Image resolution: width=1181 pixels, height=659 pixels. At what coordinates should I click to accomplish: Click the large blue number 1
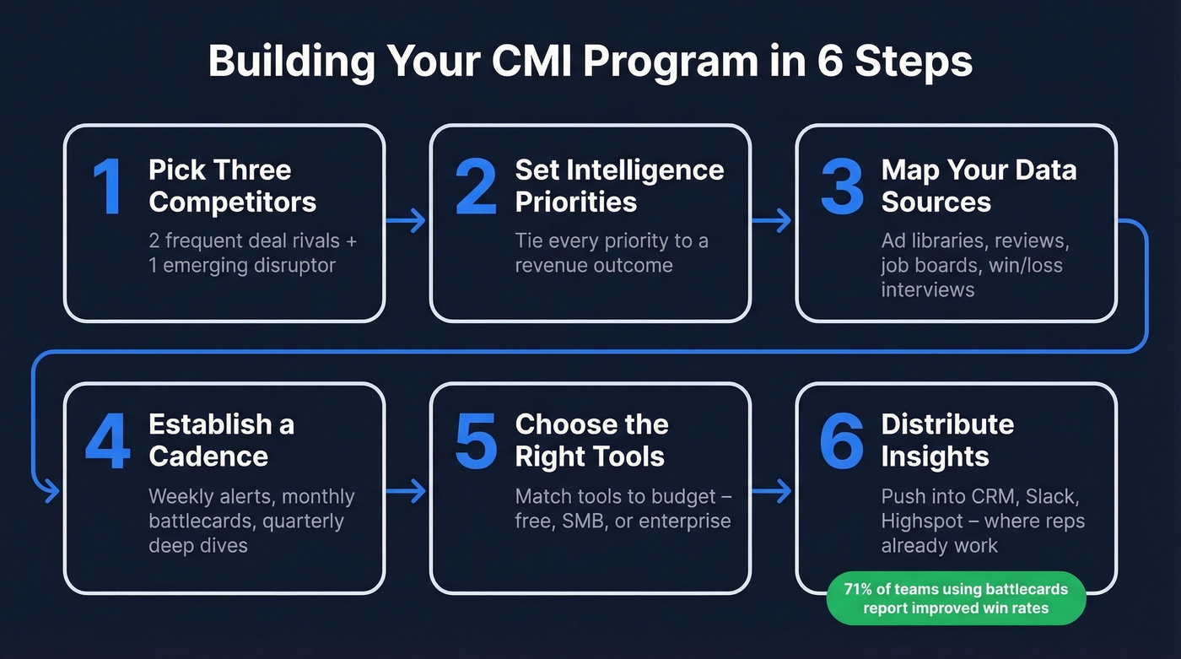pyautogui.click(x=107, y=186)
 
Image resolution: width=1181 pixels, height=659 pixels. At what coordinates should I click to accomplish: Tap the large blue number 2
pyautogui.click(x=476, y=186)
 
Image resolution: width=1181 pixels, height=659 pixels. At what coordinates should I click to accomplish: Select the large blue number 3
pyautogui.click(x=841, y=186)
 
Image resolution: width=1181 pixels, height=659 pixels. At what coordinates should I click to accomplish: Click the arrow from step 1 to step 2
pyautogui.click(x=407, y=222)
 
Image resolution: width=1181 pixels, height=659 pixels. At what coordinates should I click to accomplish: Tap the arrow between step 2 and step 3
pyautogui.click(x=772, y=222)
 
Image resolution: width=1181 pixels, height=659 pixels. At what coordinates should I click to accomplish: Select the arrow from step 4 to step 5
pyautogui.click(x=407, y=491)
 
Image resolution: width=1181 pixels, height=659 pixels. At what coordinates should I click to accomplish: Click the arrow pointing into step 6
pyautogui.click(x=772, y=491)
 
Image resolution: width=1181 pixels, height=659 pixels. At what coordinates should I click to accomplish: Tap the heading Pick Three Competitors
pyautogui.click(x=232, y=186)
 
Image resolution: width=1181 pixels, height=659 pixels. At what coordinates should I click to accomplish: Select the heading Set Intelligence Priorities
pyautogui.click(x=619, y=186)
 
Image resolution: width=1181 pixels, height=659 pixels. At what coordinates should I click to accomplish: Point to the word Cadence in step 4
pyautogui.click(x=208, y=456)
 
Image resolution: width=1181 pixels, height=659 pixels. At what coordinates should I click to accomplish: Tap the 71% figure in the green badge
pyautogui.click(x=861, y=589)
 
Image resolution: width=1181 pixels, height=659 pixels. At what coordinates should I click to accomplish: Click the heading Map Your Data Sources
pyautogui.click(x=979, y=186)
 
